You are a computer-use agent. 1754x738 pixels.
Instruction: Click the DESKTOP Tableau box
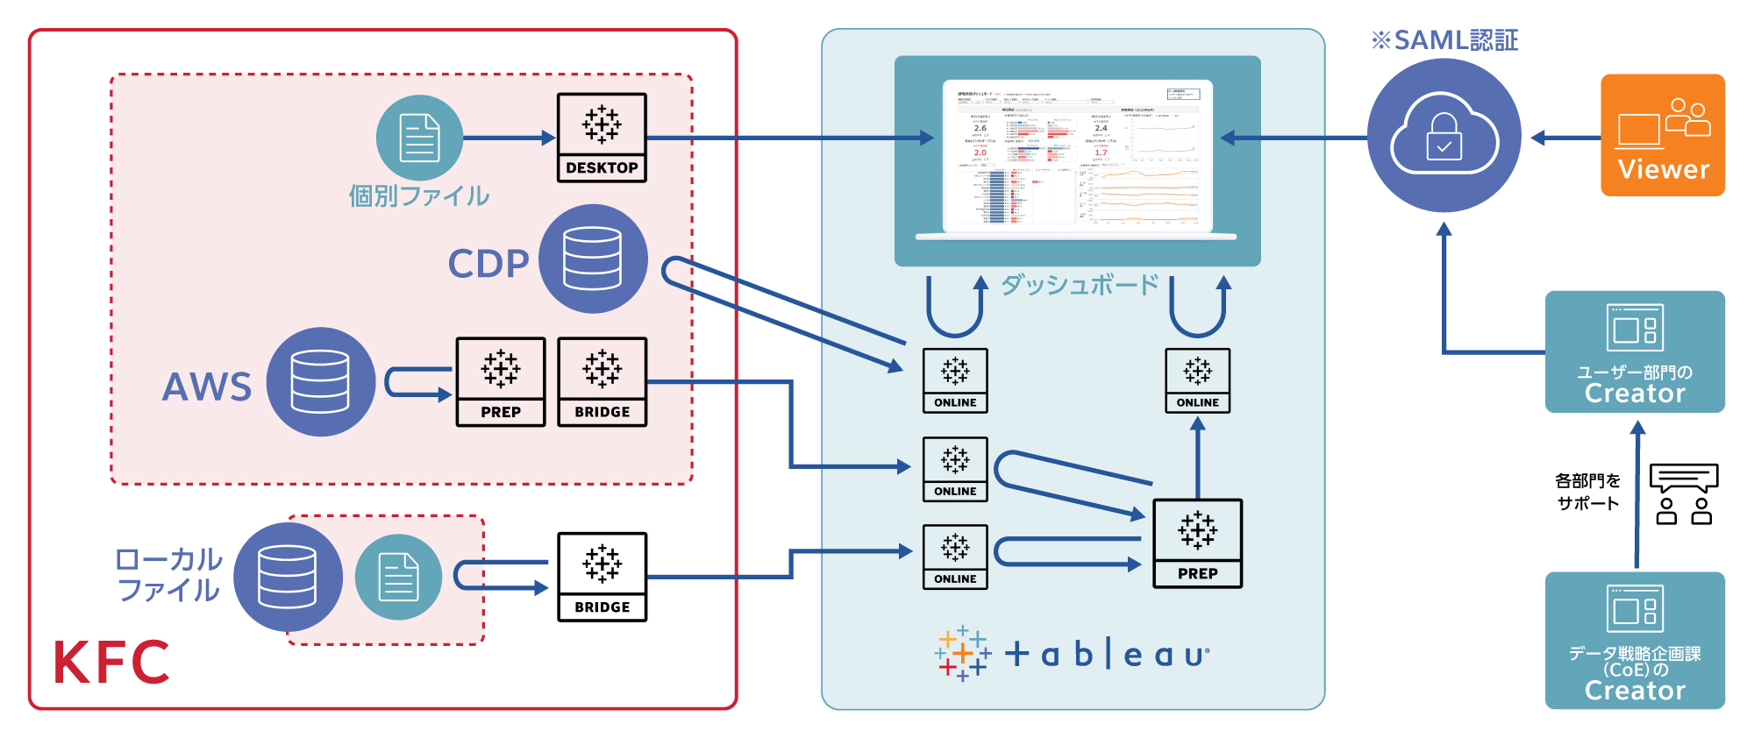(602, 138)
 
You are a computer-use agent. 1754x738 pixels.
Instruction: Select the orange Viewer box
(1662, 135)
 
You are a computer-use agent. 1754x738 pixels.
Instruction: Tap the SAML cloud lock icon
(1444, 136)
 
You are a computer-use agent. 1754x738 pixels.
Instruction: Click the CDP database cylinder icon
(593, 259)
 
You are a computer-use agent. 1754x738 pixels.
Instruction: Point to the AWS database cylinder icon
(321, 381)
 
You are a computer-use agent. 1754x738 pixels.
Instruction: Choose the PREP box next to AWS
(501, 382)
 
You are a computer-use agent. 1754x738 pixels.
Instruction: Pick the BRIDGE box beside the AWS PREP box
(602, 382)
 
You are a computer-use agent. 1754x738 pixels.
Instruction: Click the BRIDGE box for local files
(602, 577)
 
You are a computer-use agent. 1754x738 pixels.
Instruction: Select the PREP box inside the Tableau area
(1197, 543)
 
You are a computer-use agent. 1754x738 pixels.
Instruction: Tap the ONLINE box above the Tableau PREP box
(1197, 380)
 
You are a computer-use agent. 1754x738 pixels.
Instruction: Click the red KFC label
(111, 662)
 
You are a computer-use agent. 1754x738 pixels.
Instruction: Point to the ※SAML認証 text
(1444, 40)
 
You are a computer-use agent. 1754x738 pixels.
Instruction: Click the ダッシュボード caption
(1080, 285)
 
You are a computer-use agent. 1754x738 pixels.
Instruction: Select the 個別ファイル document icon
(419, 138)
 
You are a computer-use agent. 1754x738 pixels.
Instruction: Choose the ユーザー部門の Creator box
(1635, 351)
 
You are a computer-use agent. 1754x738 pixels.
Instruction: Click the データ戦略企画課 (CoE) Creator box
(1635, 640)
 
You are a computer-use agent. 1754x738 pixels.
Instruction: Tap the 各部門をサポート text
(1587, 492)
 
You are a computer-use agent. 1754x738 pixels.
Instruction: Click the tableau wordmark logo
(1073, 654)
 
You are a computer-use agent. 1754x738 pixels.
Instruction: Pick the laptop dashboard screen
(1077, 155)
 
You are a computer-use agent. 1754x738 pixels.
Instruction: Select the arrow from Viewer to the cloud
(1566, 138)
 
